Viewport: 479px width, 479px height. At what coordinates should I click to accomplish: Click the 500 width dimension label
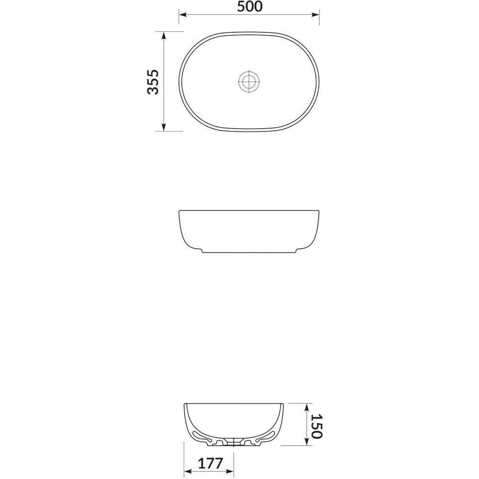(x=250, y=7)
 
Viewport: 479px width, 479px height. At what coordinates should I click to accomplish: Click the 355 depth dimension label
(x=153, y=82)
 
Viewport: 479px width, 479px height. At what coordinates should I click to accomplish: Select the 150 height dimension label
(x=317, y=426)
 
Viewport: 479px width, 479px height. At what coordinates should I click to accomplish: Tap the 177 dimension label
(x=211, y=463)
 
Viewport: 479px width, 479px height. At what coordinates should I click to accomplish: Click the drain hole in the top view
(x=249, y=81)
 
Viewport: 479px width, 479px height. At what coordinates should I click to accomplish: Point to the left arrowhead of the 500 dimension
(x=182, y=15)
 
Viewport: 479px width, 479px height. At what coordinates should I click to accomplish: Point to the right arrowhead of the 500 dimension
(x=315, y=15)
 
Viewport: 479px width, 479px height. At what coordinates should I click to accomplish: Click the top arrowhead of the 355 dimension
(x=164, y=35)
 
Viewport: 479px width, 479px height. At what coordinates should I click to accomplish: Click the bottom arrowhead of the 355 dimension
(x=164, y=127)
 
